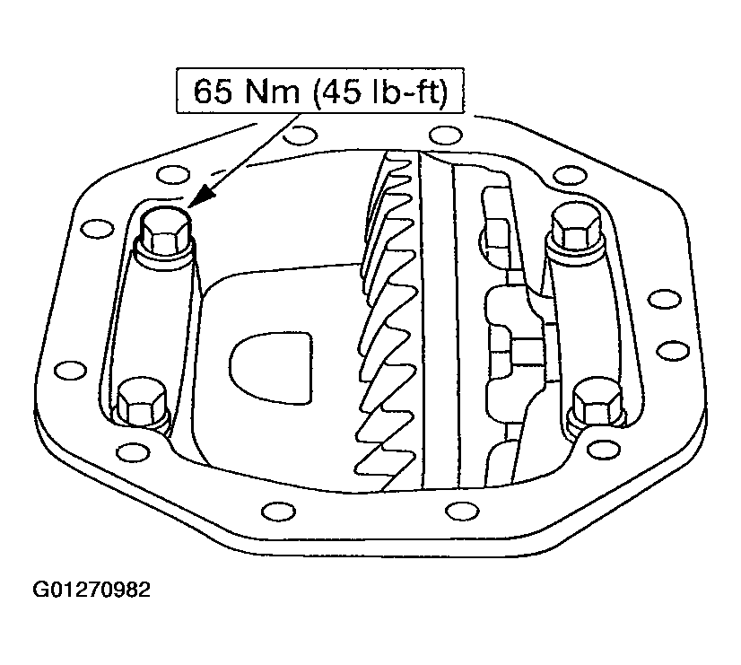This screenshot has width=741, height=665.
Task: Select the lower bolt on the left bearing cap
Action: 144,401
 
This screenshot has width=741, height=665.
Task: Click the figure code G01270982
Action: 92,590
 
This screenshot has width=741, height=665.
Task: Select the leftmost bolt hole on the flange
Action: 65,369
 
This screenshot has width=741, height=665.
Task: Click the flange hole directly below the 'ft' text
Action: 440,136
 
